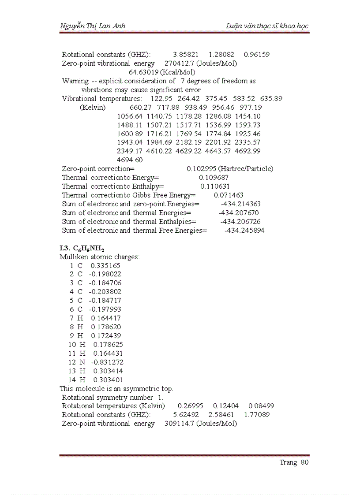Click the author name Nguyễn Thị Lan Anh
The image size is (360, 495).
[93, 26]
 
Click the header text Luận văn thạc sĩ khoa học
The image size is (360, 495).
[267, 26]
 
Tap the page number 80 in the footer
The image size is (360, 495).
[304, 462]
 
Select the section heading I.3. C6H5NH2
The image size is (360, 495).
[82, 248]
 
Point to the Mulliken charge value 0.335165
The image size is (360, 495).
[105, 266]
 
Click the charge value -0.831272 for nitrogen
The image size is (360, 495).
[107, 362]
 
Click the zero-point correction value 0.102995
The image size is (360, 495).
[201, 169]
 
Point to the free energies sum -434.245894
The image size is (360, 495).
[244, 231]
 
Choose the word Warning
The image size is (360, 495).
[75, 81]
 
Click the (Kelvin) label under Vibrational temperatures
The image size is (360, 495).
[93, 108]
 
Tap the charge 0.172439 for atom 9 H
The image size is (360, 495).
[106, 336]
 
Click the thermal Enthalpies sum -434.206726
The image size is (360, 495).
[240, 222]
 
